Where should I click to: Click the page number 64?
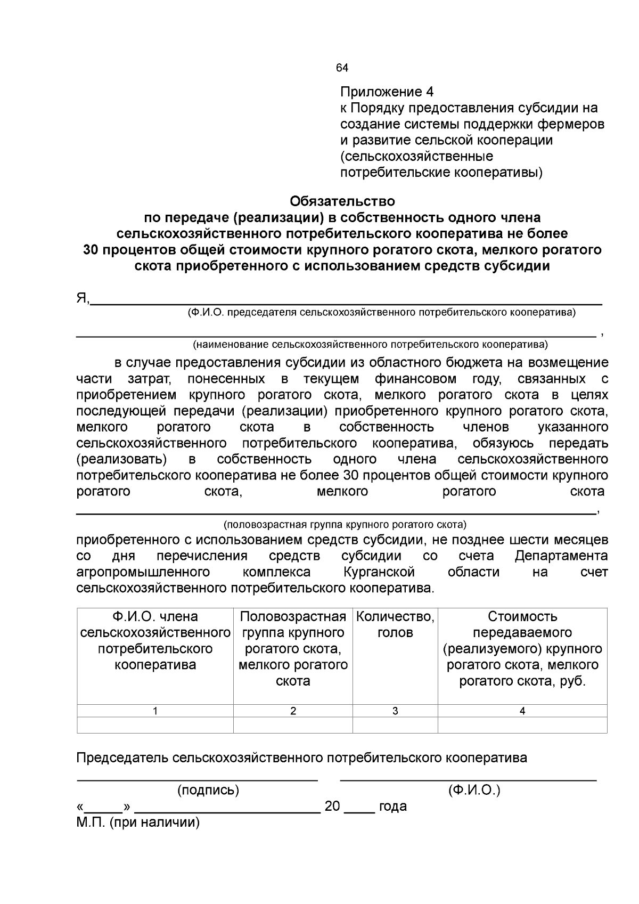(342, 68)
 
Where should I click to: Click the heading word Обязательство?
(342, 201)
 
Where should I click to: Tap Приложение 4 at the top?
(387, 92)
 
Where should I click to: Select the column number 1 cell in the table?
(155, 711)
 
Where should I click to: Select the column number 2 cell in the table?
(293, 711)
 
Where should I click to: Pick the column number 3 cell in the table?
(395, 711)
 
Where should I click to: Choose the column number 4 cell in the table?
(522, 711)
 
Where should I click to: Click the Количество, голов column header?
(395, 625)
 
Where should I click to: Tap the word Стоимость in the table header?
(522, 617)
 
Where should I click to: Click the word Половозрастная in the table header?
(293, 617)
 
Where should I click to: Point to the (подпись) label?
(208, 790)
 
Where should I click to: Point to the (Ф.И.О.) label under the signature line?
(474, 790)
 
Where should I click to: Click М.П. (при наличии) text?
(138, 822)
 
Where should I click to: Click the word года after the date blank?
(392, 807)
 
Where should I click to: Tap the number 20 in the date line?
(332, 807)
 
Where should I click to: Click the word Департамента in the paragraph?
(561, 556)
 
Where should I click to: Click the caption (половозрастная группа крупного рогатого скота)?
(345, 524)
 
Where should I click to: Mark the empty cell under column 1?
(155, 725)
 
